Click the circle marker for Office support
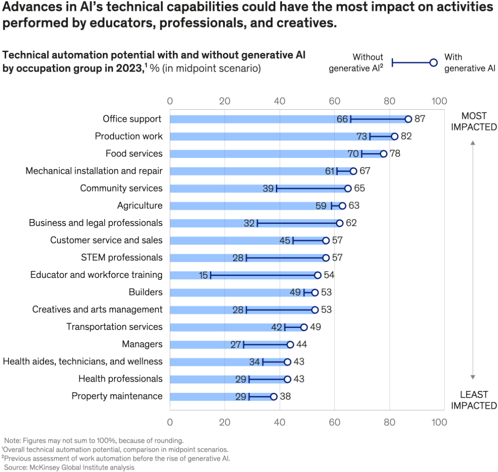point(408,119)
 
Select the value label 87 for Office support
point(420,119)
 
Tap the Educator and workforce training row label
point(96,275)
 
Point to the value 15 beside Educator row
point(203,275)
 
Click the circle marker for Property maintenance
point(274,397)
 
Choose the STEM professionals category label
point(122,258)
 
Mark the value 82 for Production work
point(406,137)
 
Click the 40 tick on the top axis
point(280,101)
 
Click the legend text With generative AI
point(469,62)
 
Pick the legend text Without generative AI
point(356,63)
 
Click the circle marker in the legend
point(433,63)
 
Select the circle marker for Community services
point(348,188)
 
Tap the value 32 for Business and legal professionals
point(249,223)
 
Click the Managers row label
point(142,344)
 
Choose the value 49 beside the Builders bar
point(295,293)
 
